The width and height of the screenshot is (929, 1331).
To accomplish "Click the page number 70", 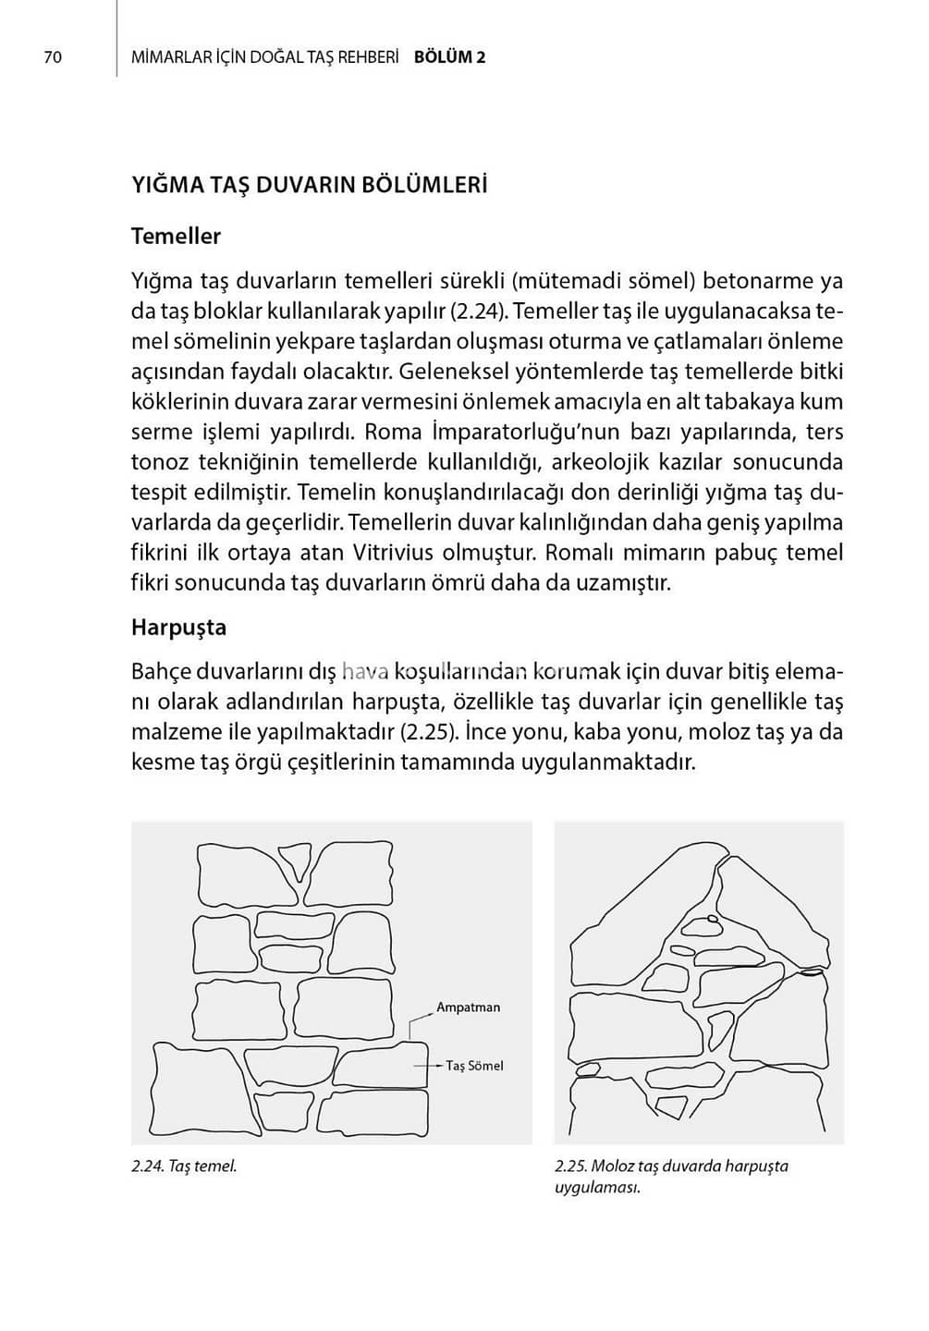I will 53,57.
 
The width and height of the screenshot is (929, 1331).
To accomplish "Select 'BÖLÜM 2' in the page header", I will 449,57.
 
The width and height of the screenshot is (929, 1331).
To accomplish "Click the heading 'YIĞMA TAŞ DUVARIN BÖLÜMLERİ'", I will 309,185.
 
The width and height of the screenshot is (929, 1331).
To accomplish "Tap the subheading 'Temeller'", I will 176,237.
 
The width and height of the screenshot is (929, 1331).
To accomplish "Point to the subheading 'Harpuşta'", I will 178,628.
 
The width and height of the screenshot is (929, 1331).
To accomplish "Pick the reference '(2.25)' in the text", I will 429,733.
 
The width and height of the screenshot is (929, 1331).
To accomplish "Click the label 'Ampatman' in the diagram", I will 468,1007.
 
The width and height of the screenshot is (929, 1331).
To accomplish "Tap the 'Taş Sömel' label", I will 474,1066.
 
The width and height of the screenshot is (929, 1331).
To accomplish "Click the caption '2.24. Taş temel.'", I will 184,1166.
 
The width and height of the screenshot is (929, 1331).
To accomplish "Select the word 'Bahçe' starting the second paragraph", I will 160,672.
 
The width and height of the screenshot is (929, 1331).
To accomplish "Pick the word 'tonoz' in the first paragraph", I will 159,462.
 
